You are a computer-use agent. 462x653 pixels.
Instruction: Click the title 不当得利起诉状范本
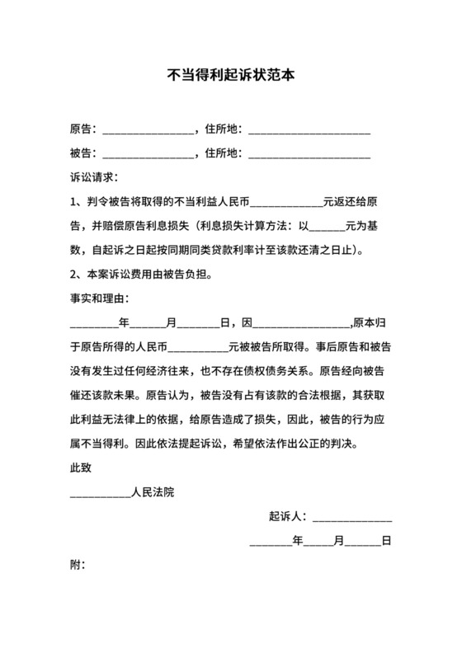[x=231, y=73]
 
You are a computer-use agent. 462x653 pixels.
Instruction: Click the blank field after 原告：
[x=147, y=129]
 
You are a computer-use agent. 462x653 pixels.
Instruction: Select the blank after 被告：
[x=147, y=153]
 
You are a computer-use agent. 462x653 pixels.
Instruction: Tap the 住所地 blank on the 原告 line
[x=309, y=129]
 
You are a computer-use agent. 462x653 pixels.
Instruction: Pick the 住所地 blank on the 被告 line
[x=309, y=153]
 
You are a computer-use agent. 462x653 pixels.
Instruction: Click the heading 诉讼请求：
[x=94, y=177]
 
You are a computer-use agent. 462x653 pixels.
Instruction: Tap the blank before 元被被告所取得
[x=191, y=345]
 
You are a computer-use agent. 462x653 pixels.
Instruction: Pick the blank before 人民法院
[x=100, y=494]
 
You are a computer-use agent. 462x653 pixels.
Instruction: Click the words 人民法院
[x=153, y=493]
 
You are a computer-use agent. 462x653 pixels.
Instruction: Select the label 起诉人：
[x=288, y=518]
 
